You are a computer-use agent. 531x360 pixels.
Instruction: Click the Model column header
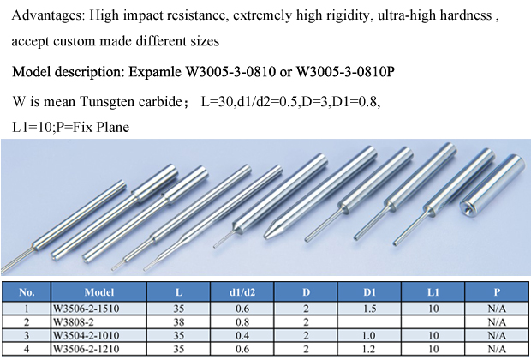pyautogui.click(x=98, y=292)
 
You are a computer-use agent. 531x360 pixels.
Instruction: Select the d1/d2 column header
pyautogui.click(x=242, y=292)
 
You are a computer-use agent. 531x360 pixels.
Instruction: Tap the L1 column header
pyautogui.click(x=433, y=292)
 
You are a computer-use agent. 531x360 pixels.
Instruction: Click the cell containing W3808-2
pyautogui.click(x=98, y=322)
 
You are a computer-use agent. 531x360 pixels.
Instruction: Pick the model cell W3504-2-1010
pyautogui.click(x=98, y=336)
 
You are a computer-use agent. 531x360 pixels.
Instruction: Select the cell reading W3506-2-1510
pyautogui.click(x=98, y=309)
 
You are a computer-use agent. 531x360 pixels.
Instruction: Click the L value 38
pyautogui.click(x=178, y=322)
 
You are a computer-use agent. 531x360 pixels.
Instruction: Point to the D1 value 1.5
pyautogui.click(x=369, y=309)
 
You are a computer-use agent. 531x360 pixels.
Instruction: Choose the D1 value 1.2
pyautogui.click(x=369, y=349)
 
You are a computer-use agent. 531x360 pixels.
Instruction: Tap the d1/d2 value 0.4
pyautogui.click(x=242, y=336)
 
